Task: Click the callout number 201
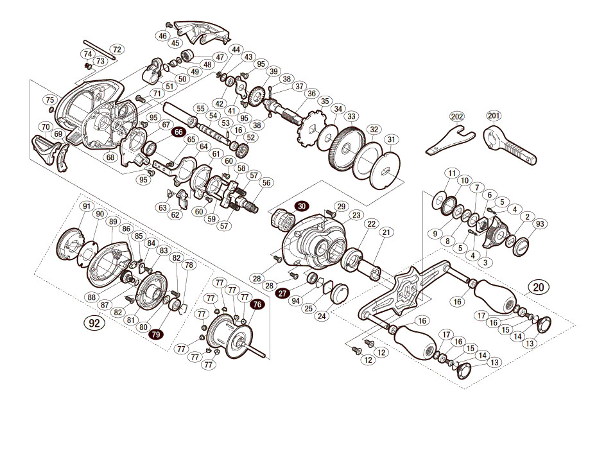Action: coord(494,116)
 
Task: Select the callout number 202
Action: coord(457,117)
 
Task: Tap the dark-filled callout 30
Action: coord(302,206)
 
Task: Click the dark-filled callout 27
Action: coord(283,293)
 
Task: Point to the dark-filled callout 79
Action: coord(155,335)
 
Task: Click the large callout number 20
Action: coord(538,287)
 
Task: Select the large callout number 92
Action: coord(94,323)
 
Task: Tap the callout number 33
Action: coord(351,116)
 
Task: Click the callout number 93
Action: coord(540,224)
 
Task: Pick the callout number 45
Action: coord(175,43)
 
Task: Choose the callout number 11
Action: coord(452,173)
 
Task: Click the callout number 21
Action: coord(386,232)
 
